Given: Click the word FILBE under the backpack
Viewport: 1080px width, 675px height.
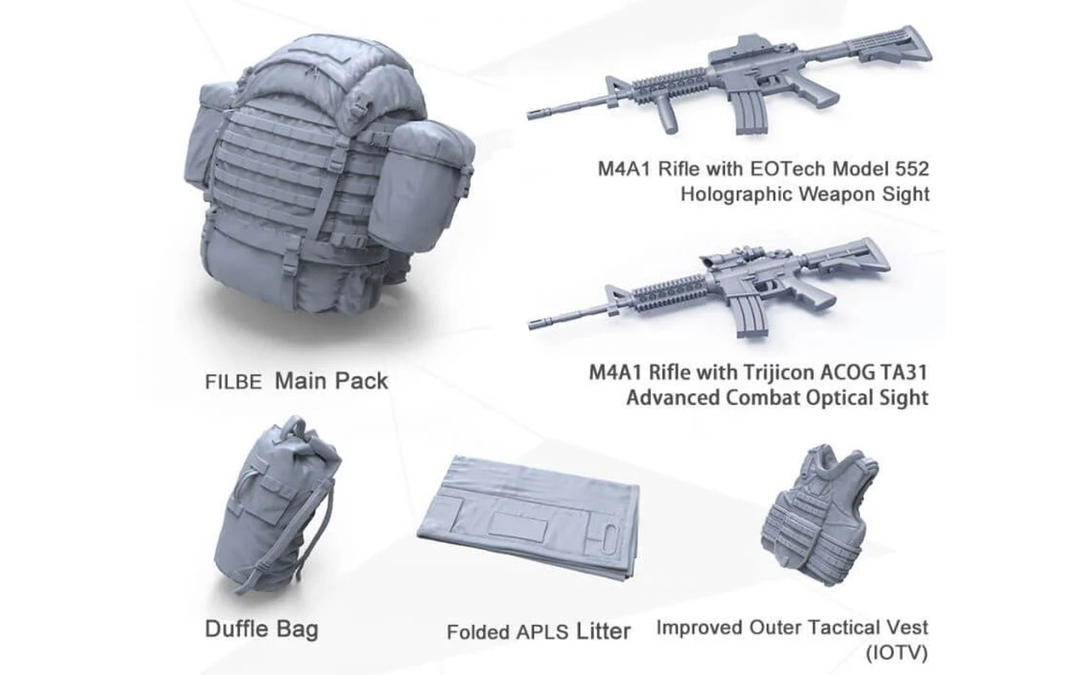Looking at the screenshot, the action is coord(233,382).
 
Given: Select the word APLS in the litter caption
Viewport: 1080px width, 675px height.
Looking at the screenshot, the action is coord(542,632).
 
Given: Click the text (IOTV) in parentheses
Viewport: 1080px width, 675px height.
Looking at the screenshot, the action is coord(896,653).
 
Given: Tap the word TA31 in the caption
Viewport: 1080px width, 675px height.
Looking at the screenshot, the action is coord(905,372).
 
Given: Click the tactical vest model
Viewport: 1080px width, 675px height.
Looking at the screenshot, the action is coord(820,515).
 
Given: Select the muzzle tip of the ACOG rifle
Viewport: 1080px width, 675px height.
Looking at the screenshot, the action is coord(531,325).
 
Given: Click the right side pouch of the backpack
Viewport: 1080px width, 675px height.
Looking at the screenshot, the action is coord(421,186).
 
